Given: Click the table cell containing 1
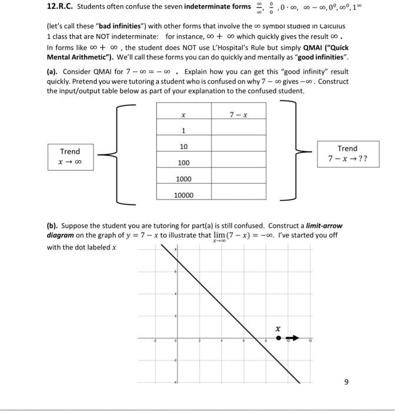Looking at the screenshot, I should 183,130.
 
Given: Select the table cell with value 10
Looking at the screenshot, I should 183,146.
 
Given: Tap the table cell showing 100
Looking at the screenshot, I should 183,163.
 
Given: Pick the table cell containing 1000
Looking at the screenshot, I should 183,179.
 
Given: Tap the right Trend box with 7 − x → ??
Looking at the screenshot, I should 347,154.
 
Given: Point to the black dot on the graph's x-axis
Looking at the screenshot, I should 279,338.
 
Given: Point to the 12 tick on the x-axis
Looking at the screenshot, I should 312,341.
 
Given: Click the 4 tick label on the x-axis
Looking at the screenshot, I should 221,341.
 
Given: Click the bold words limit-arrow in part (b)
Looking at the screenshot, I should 321,225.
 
